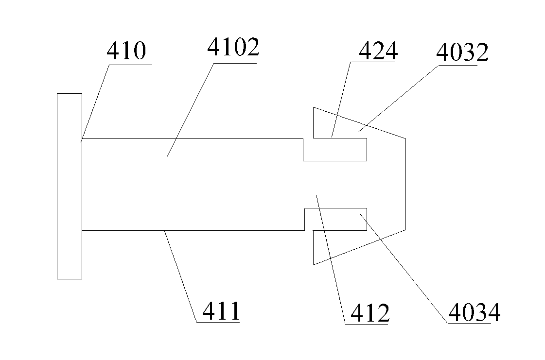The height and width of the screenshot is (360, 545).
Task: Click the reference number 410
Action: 126,51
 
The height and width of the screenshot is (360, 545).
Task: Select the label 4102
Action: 233,49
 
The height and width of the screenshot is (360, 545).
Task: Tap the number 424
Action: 378,51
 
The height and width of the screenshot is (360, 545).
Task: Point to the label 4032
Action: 462,52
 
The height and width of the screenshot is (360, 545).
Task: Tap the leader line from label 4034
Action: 404,267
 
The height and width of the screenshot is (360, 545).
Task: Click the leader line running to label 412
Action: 331,257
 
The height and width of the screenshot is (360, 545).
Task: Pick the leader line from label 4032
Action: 399,97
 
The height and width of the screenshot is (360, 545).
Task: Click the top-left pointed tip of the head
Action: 314,107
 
